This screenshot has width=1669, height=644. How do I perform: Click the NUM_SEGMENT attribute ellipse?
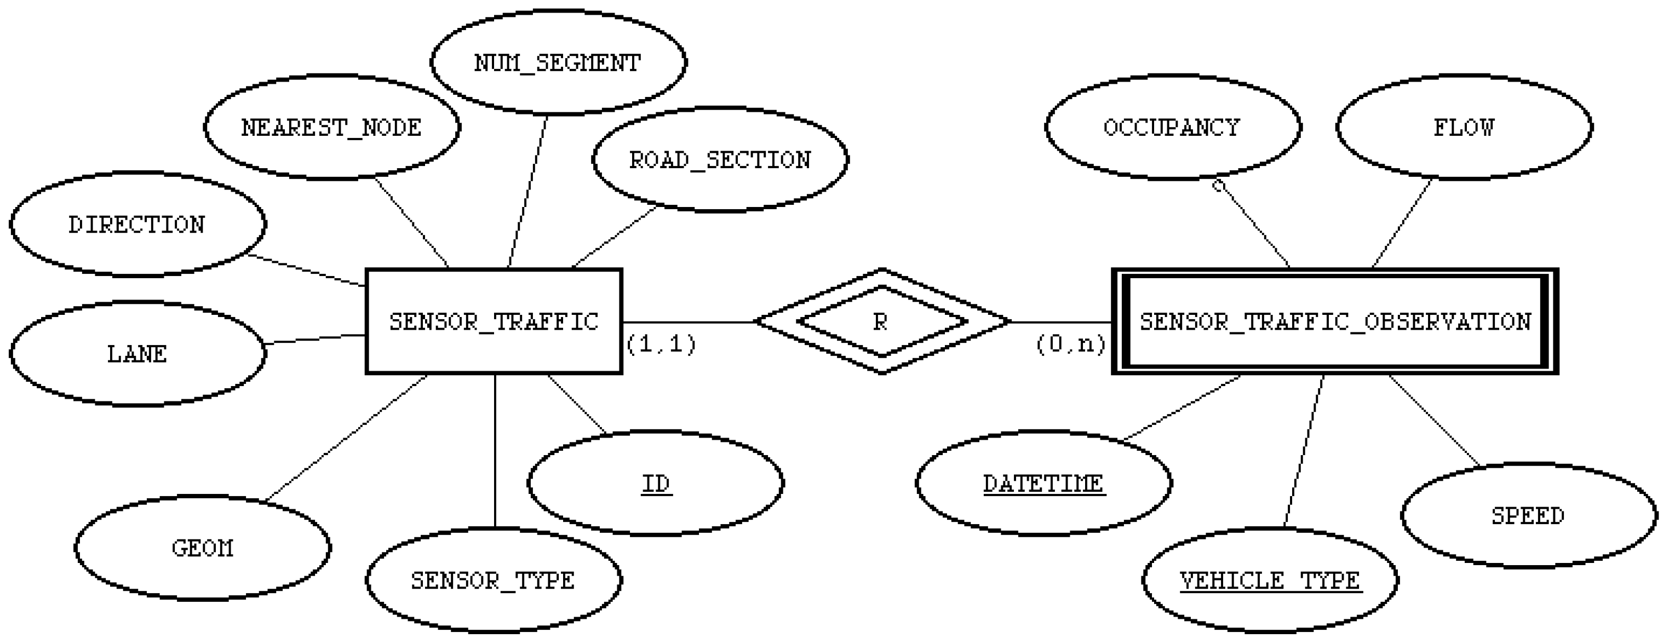[558, 63]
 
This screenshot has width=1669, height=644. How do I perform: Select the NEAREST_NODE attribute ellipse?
[332, 127]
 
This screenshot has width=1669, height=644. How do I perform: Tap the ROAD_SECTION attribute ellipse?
[720, 159]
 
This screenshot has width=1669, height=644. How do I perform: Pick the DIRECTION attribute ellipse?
[137, 224]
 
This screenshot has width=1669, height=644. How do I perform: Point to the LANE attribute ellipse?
[137, 354]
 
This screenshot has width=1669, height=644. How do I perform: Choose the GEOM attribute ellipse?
[202, 548]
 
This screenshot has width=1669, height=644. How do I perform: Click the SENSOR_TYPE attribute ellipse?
[493, 580]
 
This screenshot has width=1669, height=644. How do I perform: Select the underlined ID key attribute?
[656, 484]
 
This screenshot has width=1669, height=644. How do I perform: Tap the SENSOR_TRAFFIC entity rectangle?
[494, 321]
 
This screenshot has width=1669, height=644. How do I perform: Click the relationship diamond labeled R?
[881, 321]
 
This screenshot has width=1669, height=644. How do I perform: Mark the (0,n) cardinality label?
[1070, 343]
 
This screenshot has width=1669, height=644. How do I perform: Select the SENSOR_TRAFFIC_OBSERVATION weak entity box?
[1335, 321]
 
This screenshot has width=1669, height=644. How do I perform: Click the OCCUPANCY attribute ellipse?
[1173, 127]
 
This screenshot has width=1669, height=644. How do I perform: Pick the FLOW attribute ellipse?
[1464, 127]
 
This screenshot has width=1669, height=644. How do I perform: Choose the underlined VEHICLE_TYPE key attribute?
[1270, 580]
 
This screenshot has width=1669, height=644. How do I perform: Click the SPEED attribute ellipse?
[1528, 516]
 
